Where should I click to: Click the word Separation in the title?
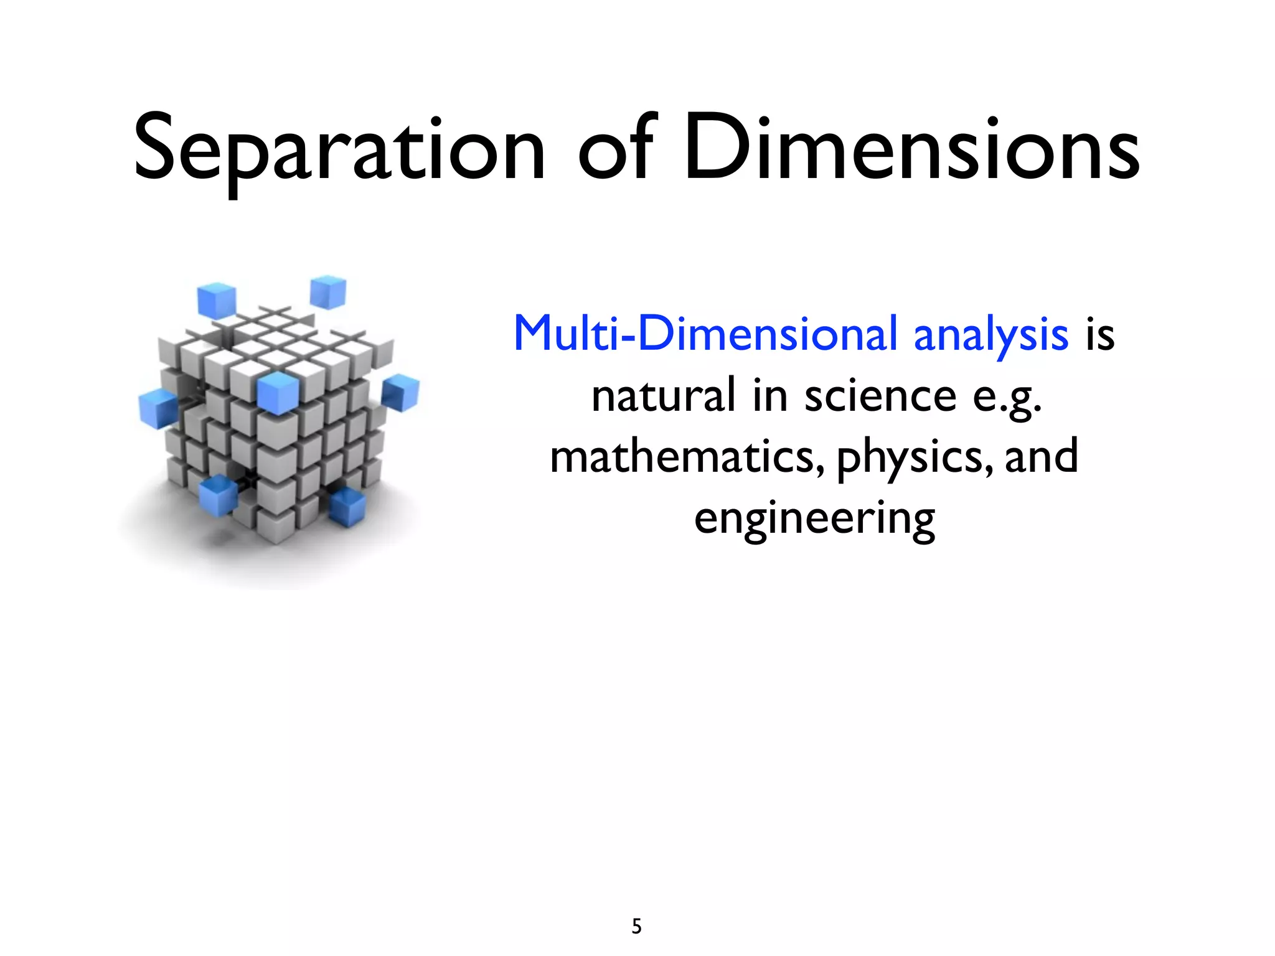point(339,149)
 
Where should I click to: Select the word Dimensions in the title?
point(912,149)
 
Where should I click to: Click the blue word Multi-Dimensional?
point(707,334)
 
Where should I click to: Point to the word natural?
point(664,396)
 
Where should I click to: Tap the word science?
point(880,396)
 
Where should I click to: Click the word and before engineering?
point(1042,456)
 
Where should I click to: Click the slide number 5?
point(636,927)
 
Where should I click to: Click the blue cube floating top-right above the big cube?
point(328,292)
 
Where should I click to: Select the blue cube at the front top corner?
point(278,393)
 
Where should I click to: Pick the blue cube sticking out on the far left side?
point(158,408)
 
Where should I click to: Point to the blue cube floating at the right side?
point(401,393)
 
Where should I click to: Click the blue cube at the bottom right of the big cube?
point(347,506)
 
